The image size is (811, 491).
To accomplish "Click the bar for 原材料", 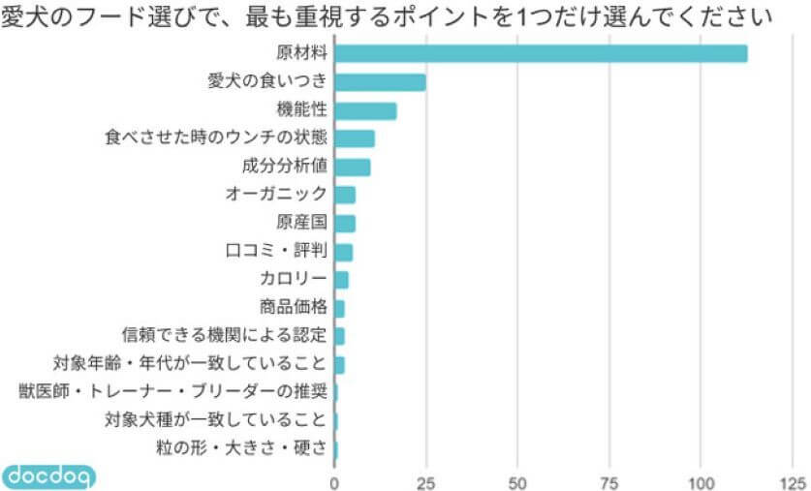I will (x=541, y=54).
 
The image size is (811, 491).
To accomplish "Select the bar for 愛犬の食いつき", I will (x=380, y=82).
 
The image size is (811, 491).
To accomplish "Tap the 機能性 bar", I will (x=365, y=110).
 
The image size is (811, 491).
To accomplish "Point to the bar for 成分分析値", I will (x=352, y=167).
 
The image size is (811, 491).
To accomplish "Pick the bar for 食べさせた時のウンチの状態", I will (x=355, y=138).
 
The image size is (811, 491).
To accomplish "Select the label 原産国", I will (x=302, y=223).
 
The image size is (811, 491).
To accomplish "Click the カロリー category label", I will (x=293, y=280).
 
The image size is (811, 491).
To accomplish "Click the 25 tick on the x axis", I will (x=425, y=481).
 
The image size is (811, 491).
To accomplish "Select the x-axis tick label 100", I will (x=701, y=481).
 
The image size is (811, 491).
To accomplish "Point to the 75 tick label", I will (x=609, y=481).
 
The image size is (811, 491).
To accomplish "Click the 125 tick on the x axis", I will (x=792, y=481).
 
